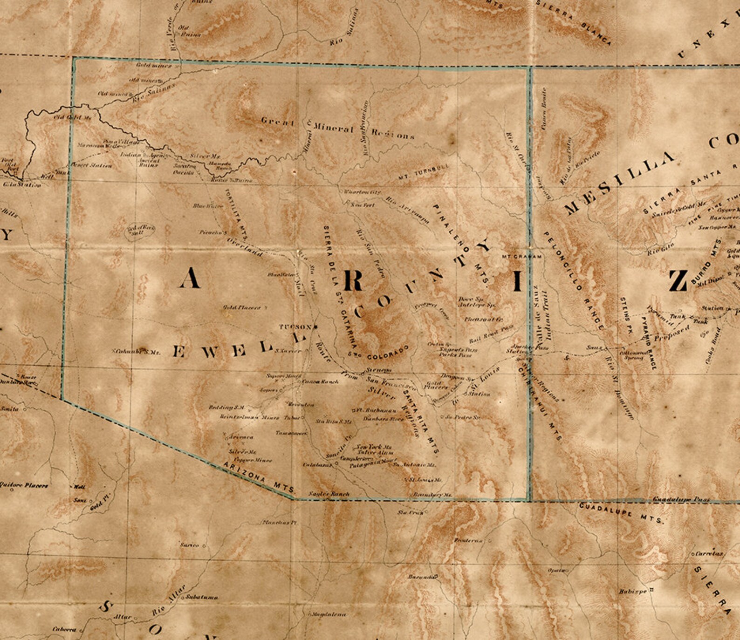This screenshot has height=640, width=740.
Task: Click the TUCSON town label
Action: pos(295,327)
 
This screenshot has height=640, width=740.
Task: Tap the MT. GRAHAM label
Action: pos(522,257)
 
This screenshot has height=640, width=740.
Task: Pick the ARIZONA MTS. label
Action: pos(259,477)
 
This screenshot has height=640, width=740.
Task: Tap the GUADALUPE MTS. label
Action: pos(622,513)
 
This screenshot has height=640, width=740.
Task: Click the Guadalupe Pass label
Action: pos(681,499)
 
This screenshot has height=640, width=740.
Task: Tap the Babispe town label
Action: pos(632,592)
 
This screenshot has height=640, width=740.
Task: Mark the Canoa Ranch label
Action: pos(320,381)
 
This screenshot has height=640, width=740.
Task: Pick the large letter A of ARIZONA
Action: pos(190,279)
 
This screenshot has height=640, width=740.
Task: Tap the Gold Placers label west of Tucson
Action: pos(241,307)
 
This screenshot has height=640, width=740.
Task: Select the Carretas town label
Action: pos(709,554)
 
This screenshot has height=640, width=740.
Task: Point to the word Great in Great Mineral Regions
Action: pos(278,122)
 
